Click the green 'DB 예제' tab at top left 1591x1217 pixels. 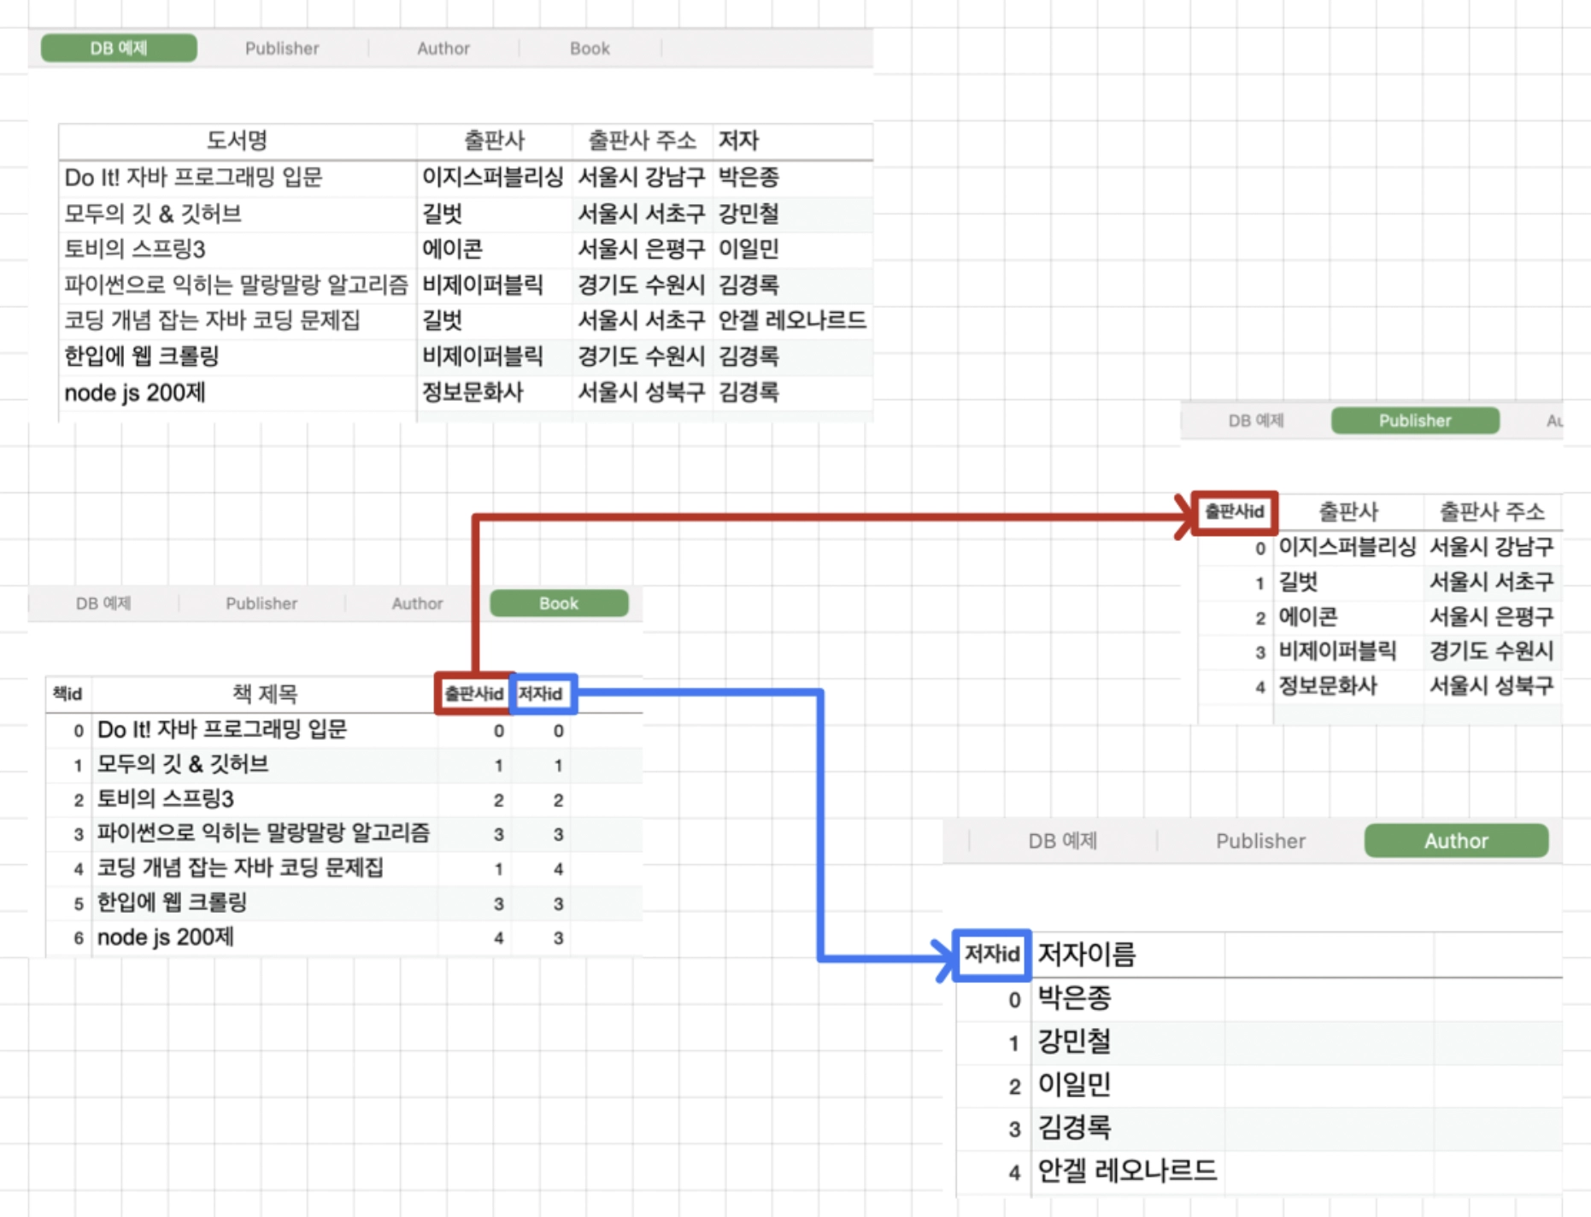coord(119,48)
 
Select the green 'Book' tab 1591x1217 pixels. coord(559,603)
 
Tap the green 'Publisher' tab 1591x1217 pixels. coord(1415,420)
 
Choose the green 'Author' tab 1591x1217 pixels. coord(1456,841)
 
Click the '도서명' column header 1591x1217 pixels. coord(238,140)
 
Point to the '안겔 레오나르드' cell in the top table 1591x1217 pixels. coord(792,320)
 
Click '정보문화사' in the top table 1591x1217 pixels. coord(473,392)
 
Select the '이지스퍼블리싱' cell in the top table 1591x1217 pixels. coord(493,177)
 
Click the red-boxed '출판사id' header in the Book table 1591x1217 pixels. coord(474,693)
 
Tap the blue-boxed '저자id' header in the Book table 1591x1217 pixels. coord(542,693)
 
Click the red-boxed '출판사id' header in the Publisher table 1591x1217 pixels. coord(1235,512)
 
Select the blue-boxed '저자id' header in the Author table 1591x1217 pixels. coord(992,954)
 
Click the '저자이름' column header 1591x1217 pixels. coord(1087,954)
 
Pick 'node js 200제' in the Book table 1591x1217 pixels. coord(166,938)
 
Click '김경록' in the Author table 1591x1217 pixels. coord(1074,1127)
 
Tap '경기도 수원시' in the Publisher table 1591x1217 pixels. coord(1492,651)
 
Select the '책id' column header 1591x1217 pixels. coord(68,693)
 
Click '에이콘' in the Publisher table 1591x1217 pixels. coord(1308,617)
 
